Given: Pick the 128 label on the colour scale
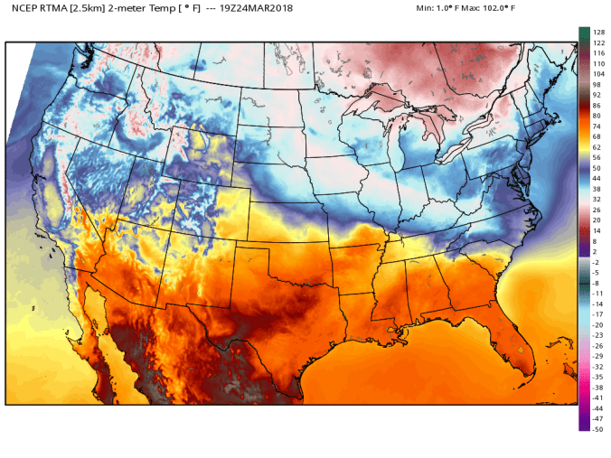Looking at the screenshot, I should coord(598,33).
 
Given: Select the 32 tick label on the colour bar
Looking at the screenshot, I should coord(597,200).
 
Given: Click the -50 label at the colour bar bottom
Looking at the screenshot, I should coord(597,429).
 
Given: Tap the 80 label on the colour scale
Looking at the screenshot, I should coord(597,116).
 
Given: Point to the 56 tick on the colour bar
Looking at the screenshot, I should coord(597,158).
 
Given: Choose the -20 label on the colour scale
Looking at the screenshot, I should coord(597,325).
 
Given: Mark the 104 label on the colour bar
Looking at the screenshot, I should coord(598,74).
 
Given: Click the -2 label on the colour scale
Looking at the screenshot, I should coord(597,262).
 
